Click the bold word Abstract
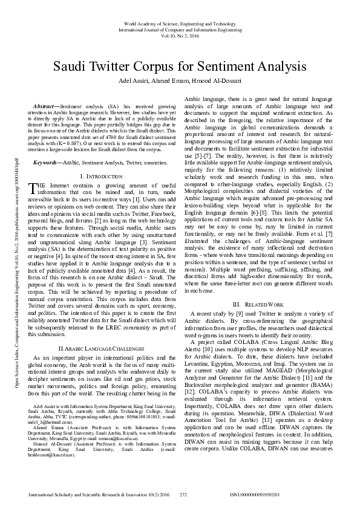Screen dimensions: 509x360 [47, 106]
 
